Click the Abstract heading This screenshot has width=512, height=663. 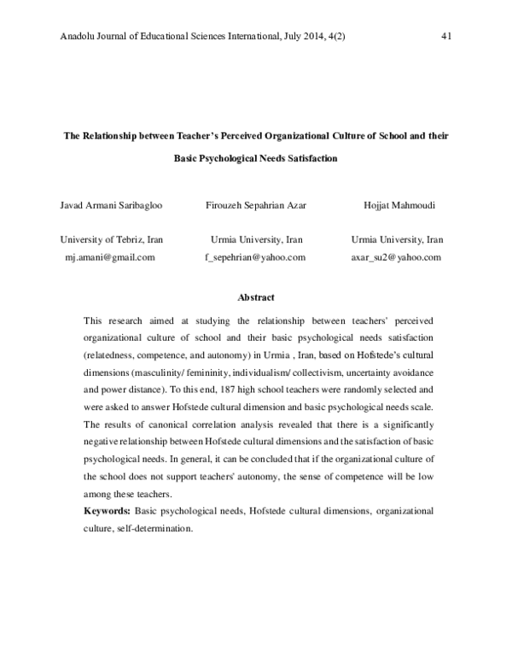tap(256, 297)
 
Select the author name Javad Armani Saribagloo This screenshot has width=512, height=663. tap(107, 205)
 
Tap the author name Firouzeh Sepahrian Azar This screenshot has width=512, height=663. tap(256, 205)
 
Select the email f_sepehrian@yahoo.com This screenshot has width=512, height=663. tap(256, 255)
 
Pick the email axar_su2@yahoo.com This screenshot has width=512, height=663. tap(397, 255)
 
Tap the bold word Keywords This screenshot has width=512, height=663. tap(107, 510)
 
